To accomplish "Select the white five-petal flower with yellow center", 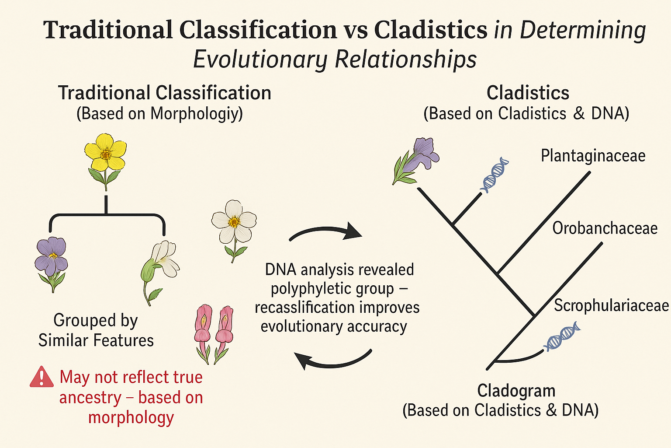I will point(234,223).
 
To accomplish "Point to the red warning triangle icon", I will point(42,377).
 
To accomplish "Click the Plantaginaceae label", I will point(593,156).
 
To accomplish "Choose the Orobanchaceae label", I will point(605,228).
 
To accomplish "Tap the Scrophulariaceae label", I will point(611,305).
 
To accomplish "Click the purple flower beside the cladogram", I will point(417,158).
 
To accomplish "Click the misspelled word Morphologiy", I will point(196,114).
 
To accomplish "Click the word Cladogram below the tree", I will point(516,391).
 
